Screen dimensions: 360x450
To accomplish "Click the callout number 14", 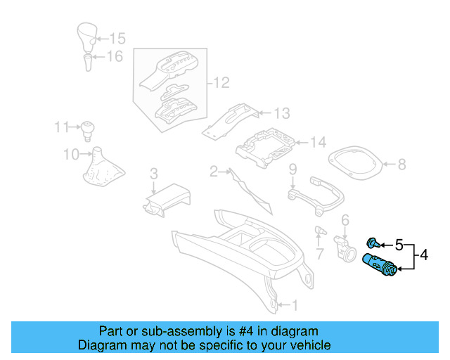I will (x=318, y=143).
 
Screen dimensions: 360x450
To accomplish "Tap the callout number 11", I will (x=62, y=127).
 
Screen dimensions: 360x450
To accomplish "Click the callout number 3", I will (x=153, y=174).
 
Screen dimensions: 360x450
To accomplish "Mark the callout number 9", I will (x=292, y=169).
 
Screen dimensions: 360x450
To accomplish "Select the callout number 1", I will (x=295, y=305).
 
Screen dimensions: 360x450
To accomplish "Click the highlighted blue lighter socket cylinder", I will (x=380, y=266).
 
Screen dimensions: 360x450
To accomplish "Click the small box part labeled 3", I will (x=167, y=198).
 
